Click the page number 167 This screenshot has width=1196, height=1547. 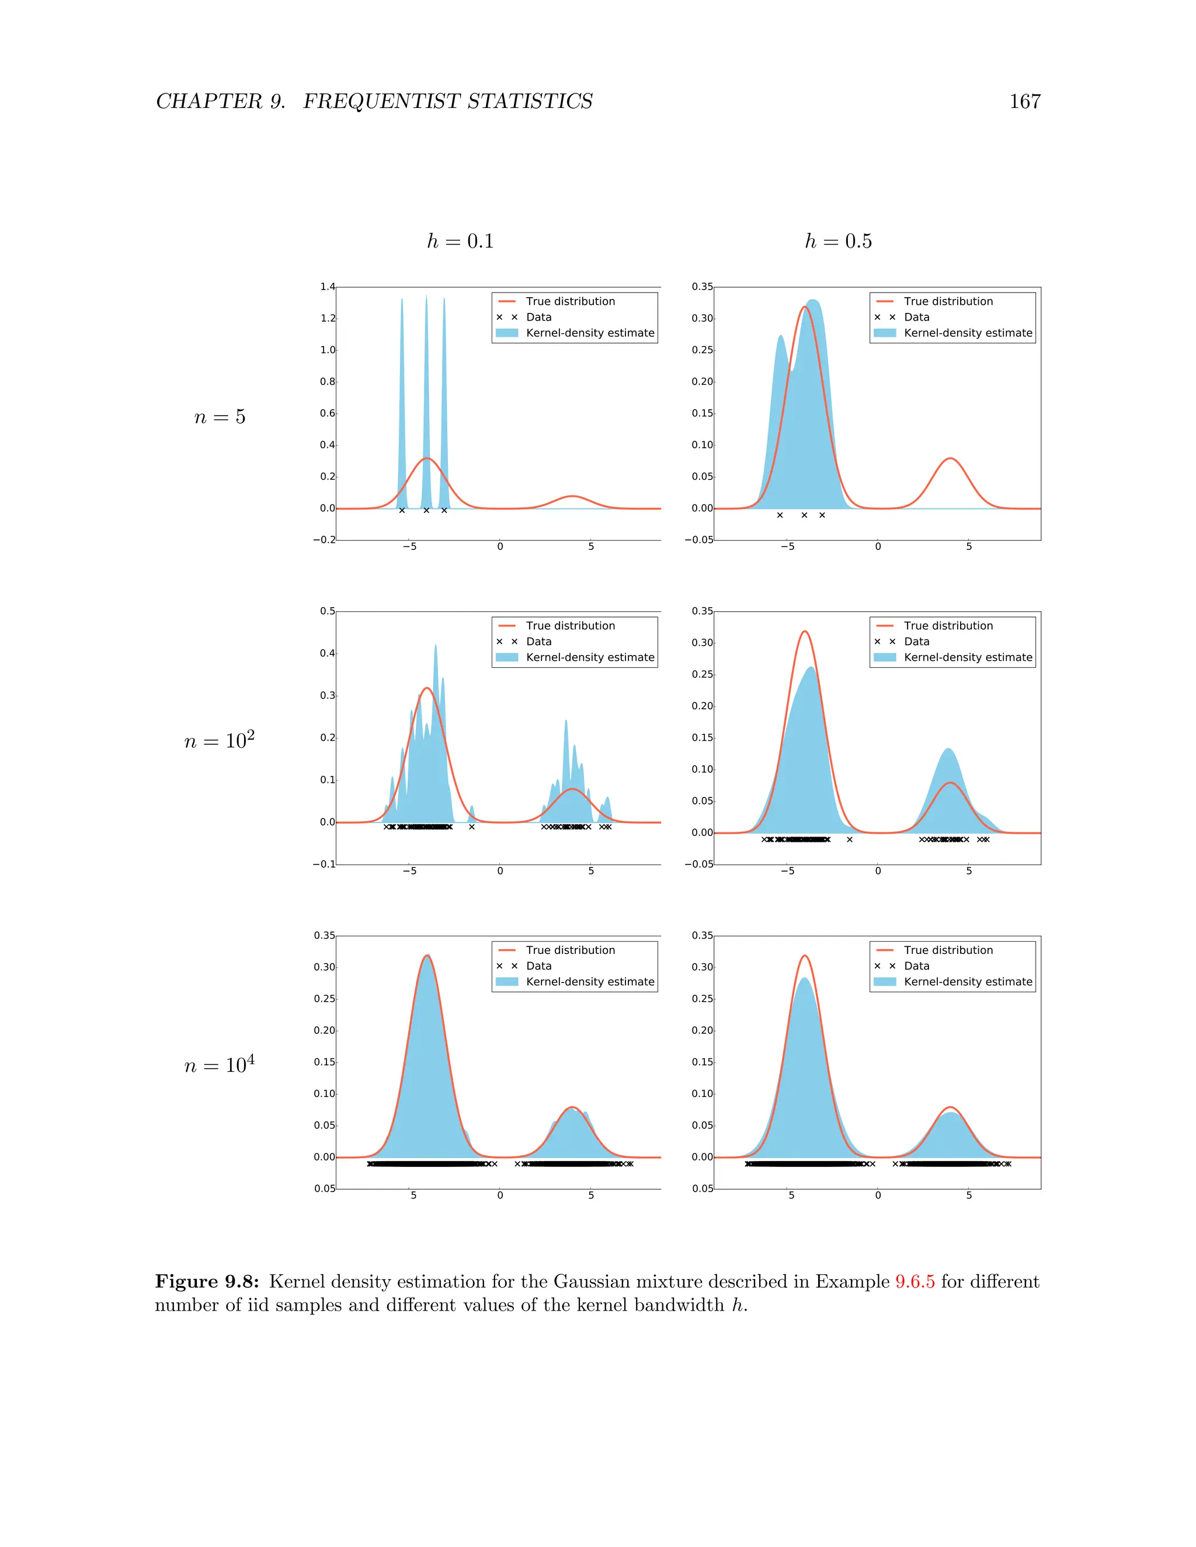coord(1024,102)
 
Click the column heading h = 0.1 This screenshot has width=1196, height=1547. coord(460,242)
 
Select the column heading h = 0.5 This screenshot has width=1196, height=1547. coord(838,242)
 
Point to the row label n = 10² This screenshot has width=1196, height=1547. coord(219,741)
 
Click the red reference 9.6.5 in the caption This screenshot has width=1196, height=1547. coord(915,1281)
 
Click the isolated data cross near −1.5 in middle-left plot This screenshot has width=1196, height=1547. coord(472,827)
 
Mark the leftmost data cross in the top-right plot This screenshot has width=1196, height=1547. coord(780,515)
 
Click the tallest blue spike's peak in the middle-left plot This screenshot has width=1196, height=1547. coord(436,645)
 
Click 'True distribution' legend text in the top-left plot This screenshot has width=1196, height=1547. coord(571,301)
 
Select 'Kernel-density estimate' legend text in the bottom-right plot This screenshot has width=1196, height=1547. coord(968,982)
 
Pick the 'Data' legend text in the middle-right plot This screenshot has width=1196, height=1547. coord(916,642)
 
